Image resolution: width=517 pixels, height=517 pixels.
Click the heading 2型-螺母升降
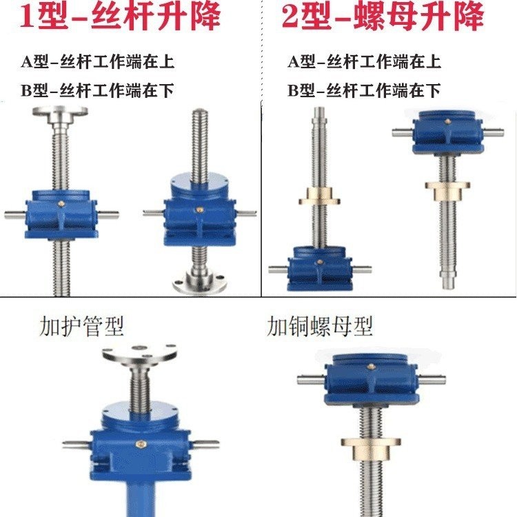tap(382, 18)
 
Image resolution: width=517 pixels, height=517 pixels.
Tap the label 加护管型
tap(82, 325)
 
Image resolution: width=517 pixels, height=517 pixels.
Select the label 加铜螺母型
tap(320, 326)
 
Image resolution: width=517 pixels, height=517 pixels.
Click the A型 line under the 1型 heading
tap(97, 61)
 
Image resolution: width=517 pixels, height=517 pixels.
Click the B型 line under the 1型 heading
tap(97, 90)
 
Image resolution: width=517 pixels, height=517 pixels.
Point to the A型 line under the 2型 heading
tap(364, 61)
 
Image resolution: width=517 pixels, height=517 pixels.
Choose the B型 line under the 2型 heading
tap(364, 90)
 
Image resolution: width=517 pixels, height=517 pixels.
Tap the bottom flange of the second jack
tap(200, 283)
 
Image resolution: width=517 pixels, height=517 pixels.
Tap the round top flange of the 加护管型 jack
tap(139, 354)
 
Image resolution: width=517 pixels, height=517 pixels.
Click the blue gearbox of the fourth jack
tap(447, 135)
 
